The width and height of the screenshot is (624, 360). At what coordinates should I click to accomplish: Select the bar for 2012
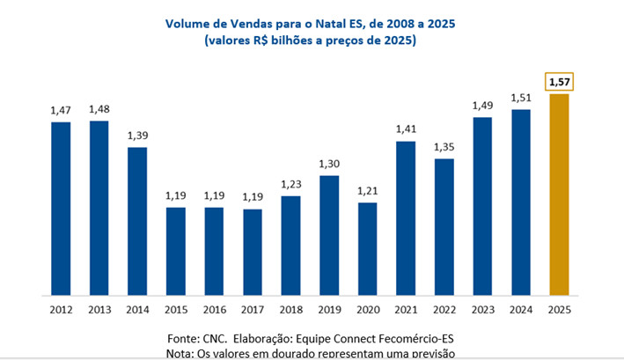click(61, 208)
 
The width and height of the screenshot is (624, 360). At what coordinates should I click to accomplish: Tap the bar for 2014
click(137, 221)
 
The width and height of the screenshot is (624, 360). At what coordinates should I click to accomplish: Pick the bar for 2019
click(329, 235)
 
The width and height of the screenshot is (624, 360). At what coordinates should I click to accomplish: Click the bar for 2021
click(406, 217)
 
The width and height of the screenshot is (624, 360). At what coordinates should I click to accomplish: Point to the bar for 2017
click(253, 252)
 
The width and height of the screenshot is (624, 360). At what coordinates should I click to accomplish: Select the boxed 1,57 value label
click(557, 82)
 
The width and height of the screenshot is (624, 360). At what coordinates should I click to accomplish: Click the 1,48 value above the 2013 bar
click(99, 108)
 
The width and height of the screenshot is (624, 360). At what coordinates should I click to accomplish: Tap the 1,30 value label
click(329, 164)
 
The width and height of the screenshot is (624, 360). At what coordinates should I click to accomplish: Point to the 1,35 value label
click(444, 146)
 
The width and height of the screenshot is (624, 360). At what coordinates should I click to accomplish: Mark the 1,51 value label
click(521, 98)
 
